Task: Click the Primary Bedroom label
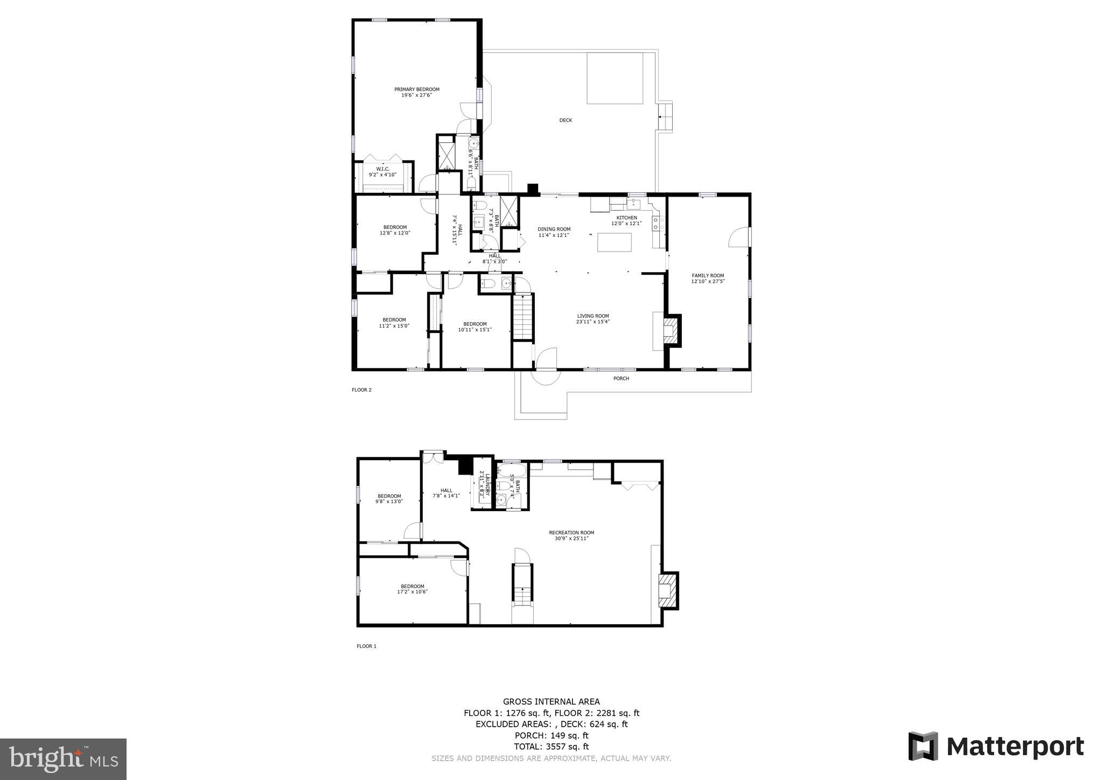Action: pyautogui.click(x=417, y=89)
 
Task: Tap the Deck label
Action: pyautogui.click(x=566, y=120)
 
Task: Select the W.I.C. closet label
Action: pyautogui.click(x=382, y=169)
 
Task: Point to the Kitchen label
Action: pyautogui.click(x=626, y=218)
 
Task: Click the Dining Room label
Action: pyautogui.click(x=554, y=229)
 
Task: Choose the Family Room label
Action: pyautogui.click(x=708, y=275)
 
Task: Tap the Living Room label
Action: pyautogui.click(x=593, y=316)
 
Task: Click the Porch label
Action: pyautogui.click(x=621, y=378)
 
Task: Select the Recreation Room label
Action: pyautogui.click(x=571, y=533)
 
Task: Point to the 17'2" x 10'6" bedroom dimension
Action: pyautogui.click(x=412, y=591)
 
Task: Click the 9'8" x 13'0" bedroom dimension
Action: pyautogui.click(x=389, y=502)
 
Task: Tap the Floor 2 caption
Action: pyautogui.click(x=361, y=390)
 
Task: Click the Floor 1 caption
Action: pyautogui.click(x=366, y=646)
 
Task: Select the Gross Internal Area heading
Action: pyautogui.click(x=551, y=701)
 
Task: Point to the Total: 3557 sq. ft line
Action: pyautogui.click(x=551, y=747)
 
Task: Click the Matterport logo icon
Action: pyautogui.click(x=923, y=747)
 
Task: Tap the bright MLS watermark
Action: pyautogui.click(x=64, y=760)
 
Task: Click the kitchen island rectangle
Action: pyautogui.click(x=615, y=242)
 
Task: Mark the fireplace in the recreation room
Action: pyautogui.click(x=668, y=589)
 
